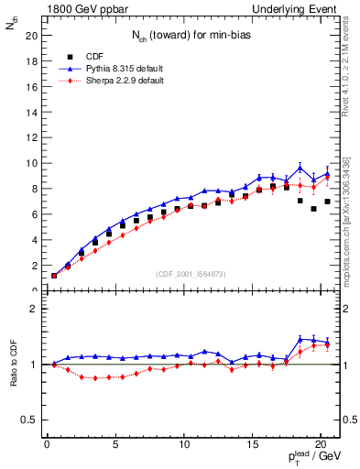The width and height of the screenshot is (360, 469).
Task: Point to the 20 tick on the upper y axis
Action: coord(31,36)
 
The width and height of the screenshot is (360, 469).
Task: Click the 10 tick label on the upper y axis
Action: coord(31,163)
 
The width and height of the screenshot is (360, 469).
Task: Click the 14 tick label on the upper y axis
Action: coord(31,112)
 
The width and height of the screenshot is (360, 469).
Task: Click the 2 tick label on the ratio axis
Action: coord(34,309)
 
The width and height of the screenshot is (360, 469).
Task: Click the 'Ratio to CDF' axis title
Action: coord(13,365)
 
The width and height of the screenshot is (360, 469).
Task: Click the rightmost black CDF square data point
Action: coord(327,202)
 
